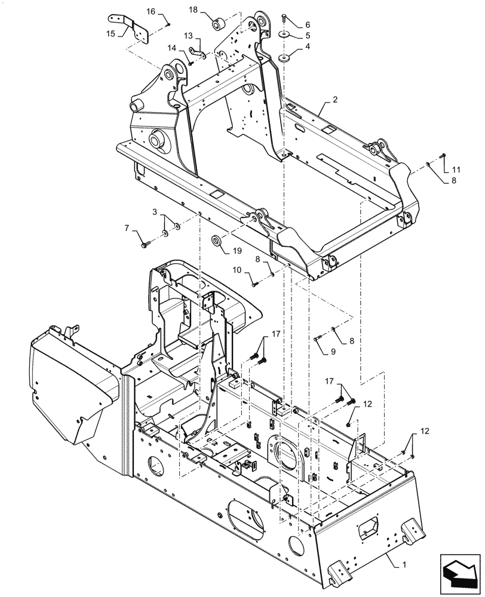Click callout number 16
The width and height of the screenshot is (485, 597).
(x=150, y=11)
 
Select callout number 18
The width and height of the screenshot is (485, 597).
(x=193, y=10)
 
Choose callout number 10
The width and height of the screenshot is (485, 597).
(x=236, y=270)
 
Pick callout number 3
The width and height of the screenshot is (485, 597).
(x=155, y=213)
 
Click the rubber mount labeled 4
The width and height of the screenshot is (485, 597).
(x=284, y=59)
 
